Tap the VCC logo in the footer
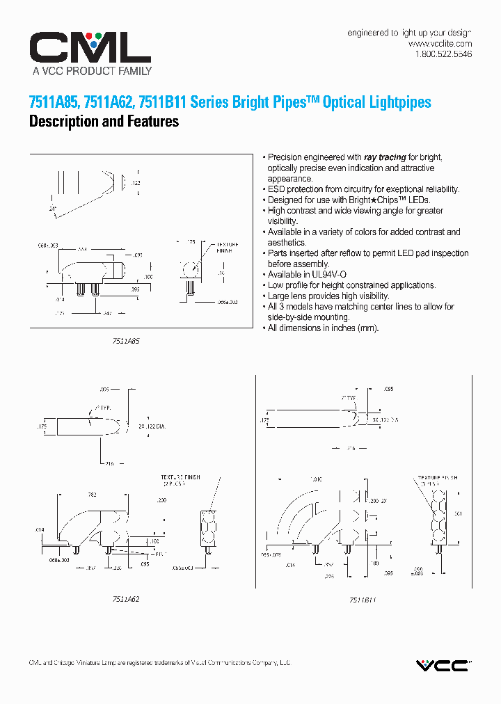pos(443,666)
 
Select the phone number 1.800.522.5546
pos(443,54)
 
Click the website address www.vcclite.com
pos(440,44)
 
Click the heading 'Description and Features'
pos(104,122)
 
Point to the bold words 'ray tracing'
pos(385,157)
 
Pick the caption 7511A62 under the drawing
pos(125,598)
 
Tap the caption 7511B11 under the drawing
pos(363,599)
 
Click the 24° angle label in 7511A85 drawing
pos(52,208)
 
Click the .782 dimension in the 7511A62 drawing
pos(92,495)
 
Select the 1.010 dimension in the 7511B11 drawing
pos(317,480)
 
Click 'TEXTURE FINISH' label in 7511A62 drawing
pos(180,477)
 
